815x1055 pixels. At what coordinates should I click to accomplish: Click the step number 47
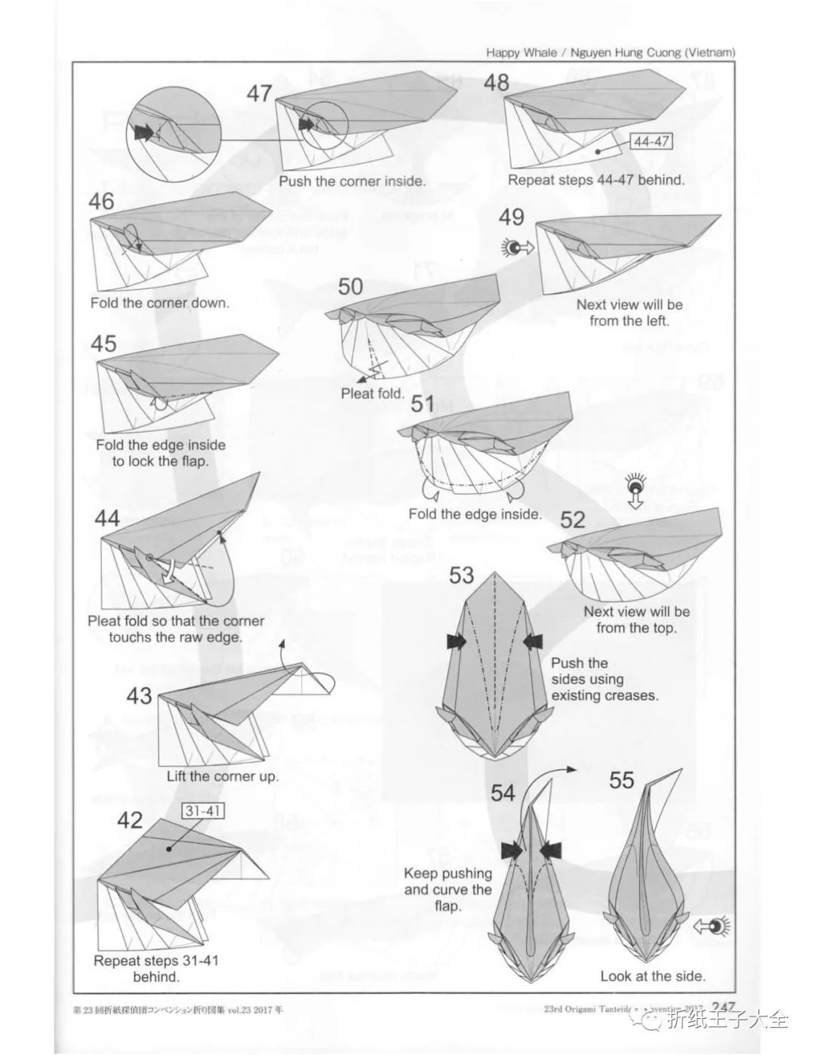pyautogui.click(x=260, y=94)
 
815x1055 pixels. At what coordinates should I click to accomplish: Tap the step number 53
pyautogui.click(x=461, y=575)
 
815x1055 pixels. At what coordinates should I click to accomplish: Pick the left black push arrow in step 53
pyautogui.click(x=457, y=641)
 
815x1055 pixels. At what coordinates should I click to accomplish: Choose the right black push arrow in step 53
pyautogui.click(x=532, y=641)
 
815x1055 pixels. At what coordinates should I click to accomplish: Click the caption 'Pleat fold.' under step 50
pyautogui.click(x=373, y=393)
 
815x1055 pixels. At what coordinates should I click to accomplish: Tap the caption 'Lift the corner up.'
pyautogui.click(x=223, y=776)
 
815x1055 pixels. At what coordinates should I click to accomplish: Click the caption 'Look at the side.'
pyautogui.click(x=653, y=976)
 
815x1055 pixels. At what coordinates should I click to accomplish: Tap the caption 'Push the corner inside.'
pyautogui.click(x=352, y=181)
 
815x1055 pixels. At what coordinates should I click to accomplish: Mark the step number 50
pyautogui.click(x=351, y=287)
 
